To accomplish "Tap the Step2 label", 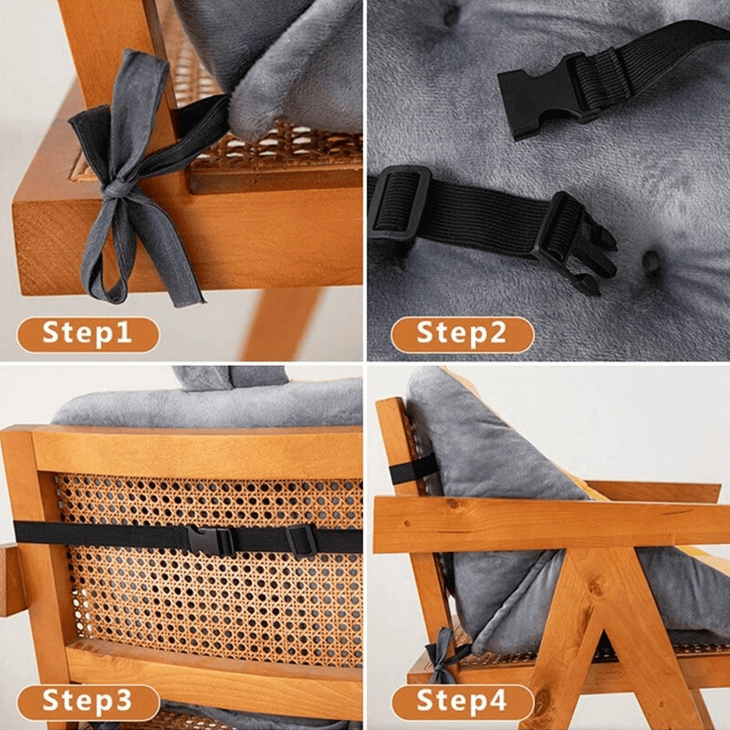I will (x=462, y=334).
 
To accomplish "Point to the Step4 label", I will (x=462, y=703).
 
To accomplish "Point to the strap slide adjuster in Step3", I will (x=301, y=540).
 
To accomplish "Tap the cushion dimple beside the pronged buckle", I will (x=651, y=261).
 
